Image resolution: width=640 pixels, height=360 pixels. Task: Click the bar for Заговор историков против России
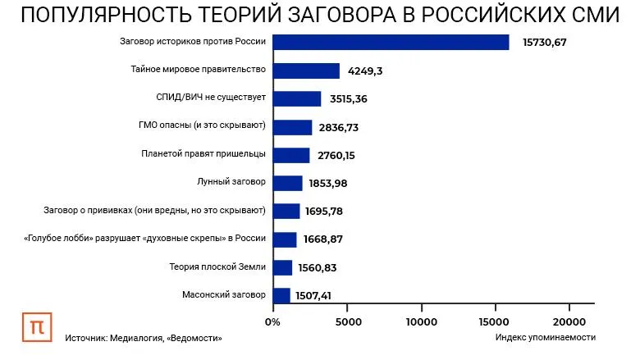pyautogui.click(x=390, y=43)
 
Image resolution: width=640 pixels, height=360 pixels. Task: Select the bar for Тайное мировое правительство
pyautogui.click(x=305, y=71)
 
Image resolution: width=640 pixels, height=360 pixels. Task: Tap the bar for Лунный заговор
pyautogui.click(x=287, y=183)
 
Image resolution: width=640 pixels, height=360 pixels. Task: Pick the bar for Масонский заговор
pyautogui.click(x=281, y=294)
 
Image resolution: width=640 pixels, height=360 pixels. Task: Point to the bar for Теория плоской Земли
pyautogui.click(x=282, y=267)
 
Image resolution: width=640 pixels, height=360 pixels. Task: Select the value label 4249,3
pyautogui.click(x=365, y=71)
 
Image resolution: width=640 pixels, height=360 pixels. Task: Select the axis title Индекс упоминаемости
pyautogui.click(x=546, y=337)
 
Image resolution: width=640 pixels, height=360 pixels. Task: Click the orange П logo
pyautogui.click(x=37, y=326)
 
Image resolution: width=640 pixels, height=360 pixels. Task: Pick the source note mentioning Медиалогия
pyautogui.click(x=144, y=337)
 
